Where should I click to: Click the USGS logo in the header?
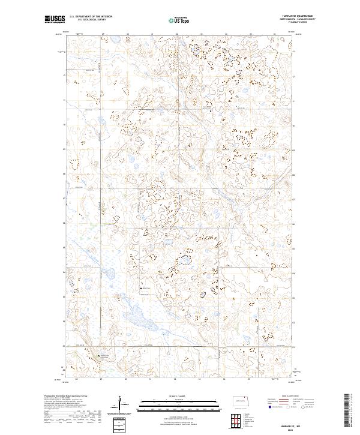coord(55,20)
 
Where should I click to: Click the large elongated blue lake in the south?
coord(136,314)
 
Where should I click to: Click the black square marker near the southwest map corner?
coord(99,356)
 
